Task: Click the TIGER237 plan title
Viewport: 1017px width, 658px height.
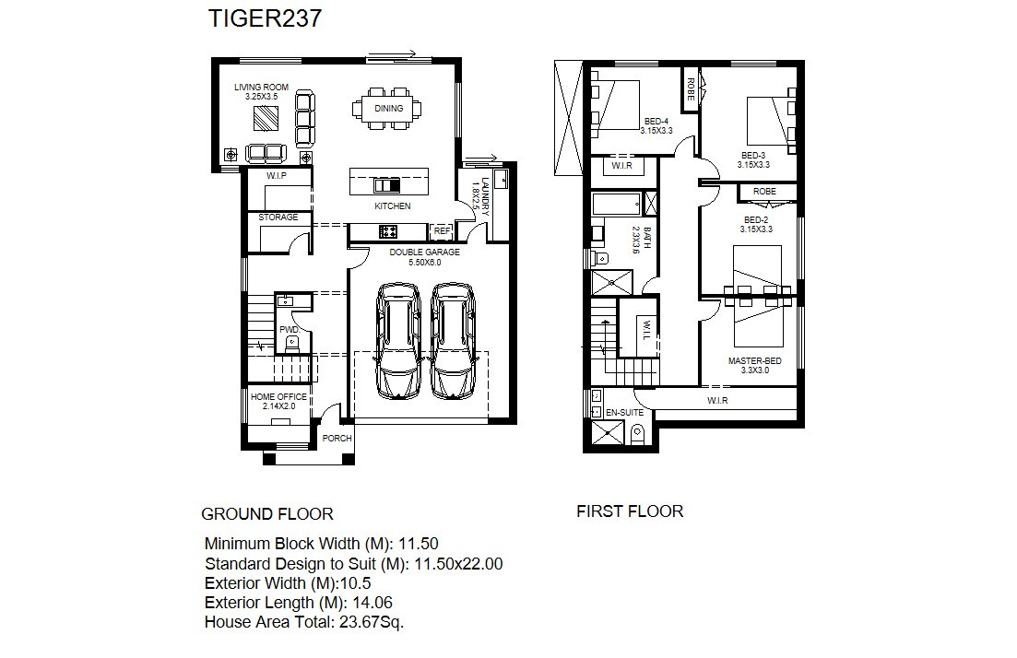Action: tap(265, 18)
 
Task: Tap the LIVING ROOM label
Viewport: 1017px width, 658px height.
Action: tap(261, 87)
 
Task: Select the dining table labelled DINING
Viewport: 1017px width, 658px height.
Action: tap(389, 109)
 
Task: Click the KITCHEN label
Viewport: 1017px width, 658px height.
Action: tap(393, 206)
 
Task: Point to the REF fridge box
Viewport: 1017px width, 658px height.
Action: tap(442, 230)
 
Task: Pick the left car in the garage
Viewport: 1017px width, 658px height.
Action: tap(398, 341)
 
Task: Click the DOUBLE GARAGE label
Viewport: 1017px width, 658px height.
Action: tap(425, 253)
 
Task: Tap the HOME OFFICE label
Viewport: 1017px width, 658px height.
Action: tap(278, 397)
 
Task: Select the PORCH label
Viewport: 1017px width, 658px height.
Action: tap(337, 439)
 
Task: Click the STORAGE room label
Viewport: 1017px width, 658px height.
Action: tap(278, 217)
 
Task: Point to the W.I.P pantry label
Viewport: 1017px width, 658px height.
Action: tap(277, 176)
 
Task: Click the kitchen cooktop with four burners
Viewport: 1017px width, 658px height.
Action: tap(388, 230)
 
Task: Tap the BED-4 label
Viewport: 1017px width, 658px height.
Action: tap(656, 122)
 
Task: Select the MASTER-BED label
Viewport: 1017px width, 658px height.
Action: tap(755, 361)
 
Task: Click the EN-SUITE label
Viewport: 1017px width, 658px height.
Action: tap(624, 412)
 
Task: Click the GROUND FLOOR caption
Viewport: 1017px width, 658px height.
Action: tap(267, 514)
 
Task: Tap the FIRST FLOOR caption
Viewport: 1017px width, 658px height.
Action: tap(630, 511)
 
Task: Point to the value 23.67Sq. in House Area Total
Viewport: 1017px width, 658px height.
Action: tap(372, 622)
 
